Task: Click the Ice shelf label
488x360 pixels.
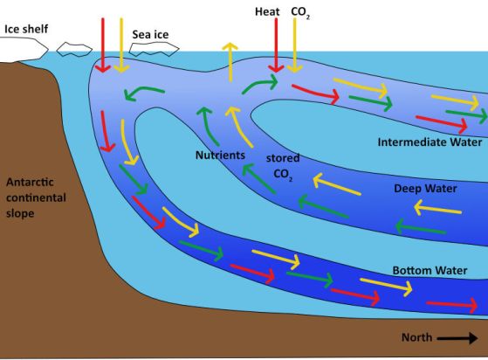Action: [x=26, y=29]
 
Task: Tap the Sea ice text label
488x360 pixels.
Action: [x=150, y=34]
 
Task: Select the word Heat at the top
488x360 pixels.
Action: [x=267, y=12]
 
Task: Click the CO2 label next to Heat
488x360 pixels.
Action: [x=300, y=12]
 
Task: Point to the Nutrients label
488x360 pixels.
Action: [x=220, y=155]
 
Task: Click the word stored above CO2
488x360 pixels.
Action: [x=283, y=158]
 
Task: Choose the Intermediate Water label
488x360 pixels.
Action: [x=430, y=142]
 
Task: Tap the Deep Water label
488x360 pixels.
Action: [x=425, y=189]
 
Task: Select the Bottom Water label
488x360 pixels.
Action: [x=430, y=270]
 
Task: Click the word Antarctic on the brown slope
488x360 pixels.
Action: [x=30, y=182]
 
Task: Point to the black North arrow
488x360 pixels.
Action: [x=457, y=338]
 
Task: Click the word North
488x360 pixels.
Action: [x=416, y=337]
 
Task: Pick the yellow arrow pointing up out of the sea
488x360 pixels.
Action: [x=230, y=62]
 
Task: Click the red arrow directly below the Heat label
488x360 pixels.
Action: [x=276, y=45]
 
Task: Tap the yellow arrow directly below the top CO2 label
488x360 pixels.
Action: [x=294, y=45]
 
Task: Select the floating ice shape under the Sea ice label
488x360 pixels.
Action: [x=154, y=49]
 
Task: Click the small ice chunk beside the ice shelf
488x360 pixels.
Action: [x=74, y=49]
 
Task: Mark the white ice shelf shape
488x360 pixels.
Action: [x=24, y=49]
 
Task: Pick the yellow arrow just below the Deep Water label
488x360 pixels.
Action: [x=438, y=208]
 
